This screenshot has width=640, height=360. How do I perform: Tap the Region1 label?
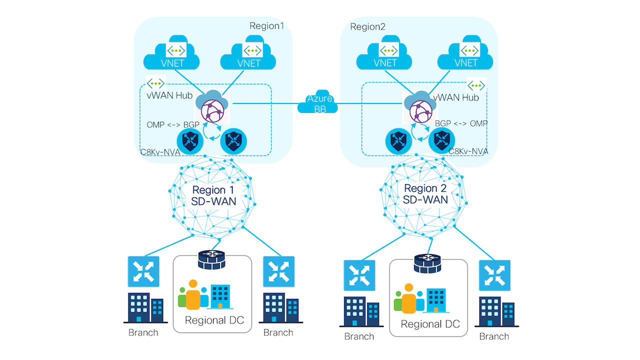point(266,26)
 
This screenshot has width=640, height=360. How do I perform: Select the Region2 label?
point(367,26)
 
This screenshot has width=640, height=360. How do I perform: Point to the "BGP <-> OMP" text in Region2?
point(461,123)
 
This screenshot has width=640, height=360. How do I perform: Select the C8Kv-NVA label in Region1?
point(160,151)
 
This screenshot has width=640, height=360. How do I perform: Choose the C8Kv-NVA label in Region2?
point(468,150)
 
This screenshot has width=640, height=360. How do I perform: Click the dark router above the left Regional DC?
point(212,259)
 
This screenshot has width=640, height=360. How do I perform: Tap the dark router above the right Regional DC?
point(428,263)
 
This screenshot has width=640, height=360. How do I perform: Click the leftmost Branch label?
point(143,332)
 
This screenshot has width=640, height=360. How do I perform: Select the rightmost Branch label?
point(494,336)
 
